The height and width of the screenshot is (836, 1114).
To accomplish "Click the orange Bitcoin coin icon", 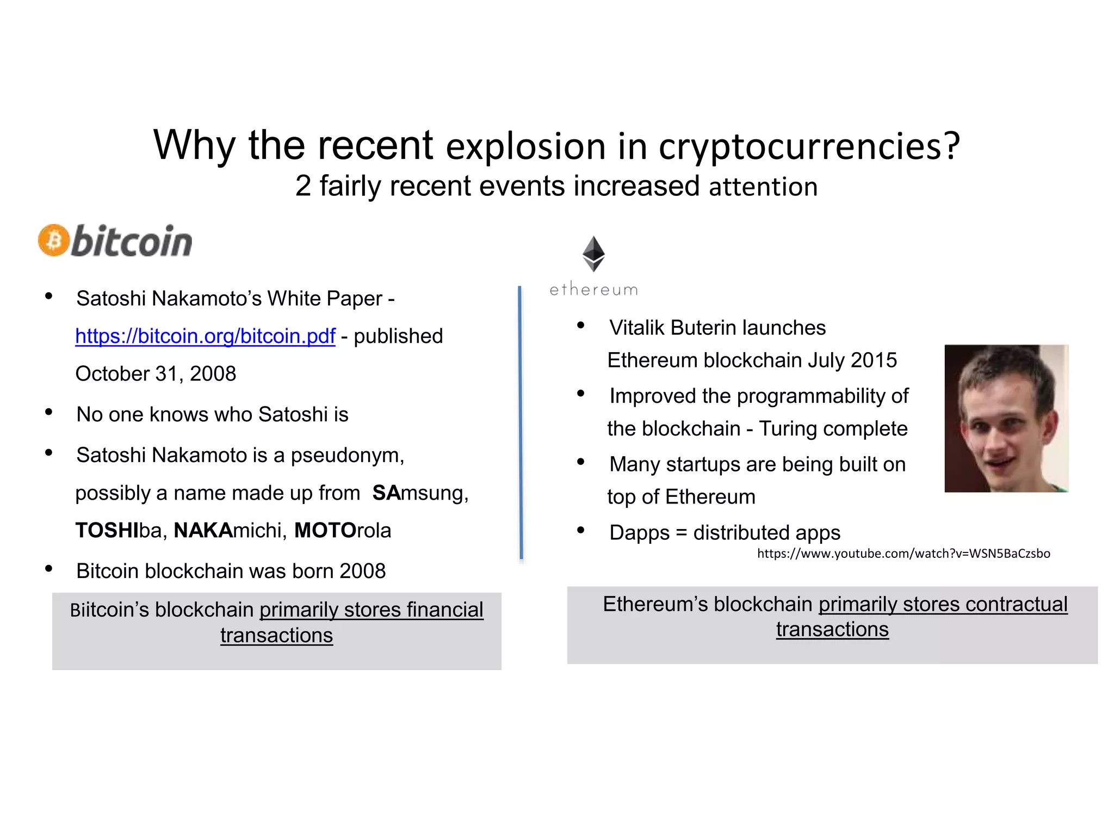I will click(53, 240).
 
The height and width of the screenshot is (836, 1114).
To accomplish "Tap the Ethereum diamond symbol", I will click(593, 254).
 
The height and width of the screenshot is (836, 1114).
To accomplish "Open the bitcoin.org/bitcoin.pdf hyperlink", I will click(205, 336).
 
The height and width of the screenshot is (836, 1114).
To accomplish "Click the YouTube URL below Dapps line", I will click(903, 554).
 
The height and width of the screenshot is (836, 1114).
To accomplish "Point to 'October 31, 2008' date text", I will click(156, 374).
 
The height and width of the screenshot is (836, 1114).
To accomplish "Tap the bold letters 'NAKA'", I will click(203, 530).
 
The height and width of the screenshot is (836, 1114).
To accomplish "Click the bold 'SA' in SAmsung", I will click(386, 493).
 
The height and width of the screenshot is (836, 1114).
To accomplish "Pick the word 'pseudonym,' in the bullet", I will click(348, 456).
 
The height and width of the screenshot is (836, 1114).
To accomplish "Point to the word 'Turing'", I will click(789, 429).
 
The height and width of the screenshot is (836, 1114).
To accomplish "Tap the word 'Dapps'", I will click(639, 533).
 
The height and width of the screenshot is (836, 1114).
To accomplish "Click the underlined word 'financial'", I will click(444, 610).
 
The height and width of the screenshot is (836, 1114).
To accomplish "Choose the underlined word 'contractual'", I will click(1016, 604).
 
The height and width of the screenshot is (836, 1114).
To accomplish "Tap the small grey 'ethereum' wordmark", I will click(593, 290).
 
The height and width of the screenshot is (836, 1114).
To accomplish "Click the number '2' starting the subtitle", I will click(303, 186).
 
